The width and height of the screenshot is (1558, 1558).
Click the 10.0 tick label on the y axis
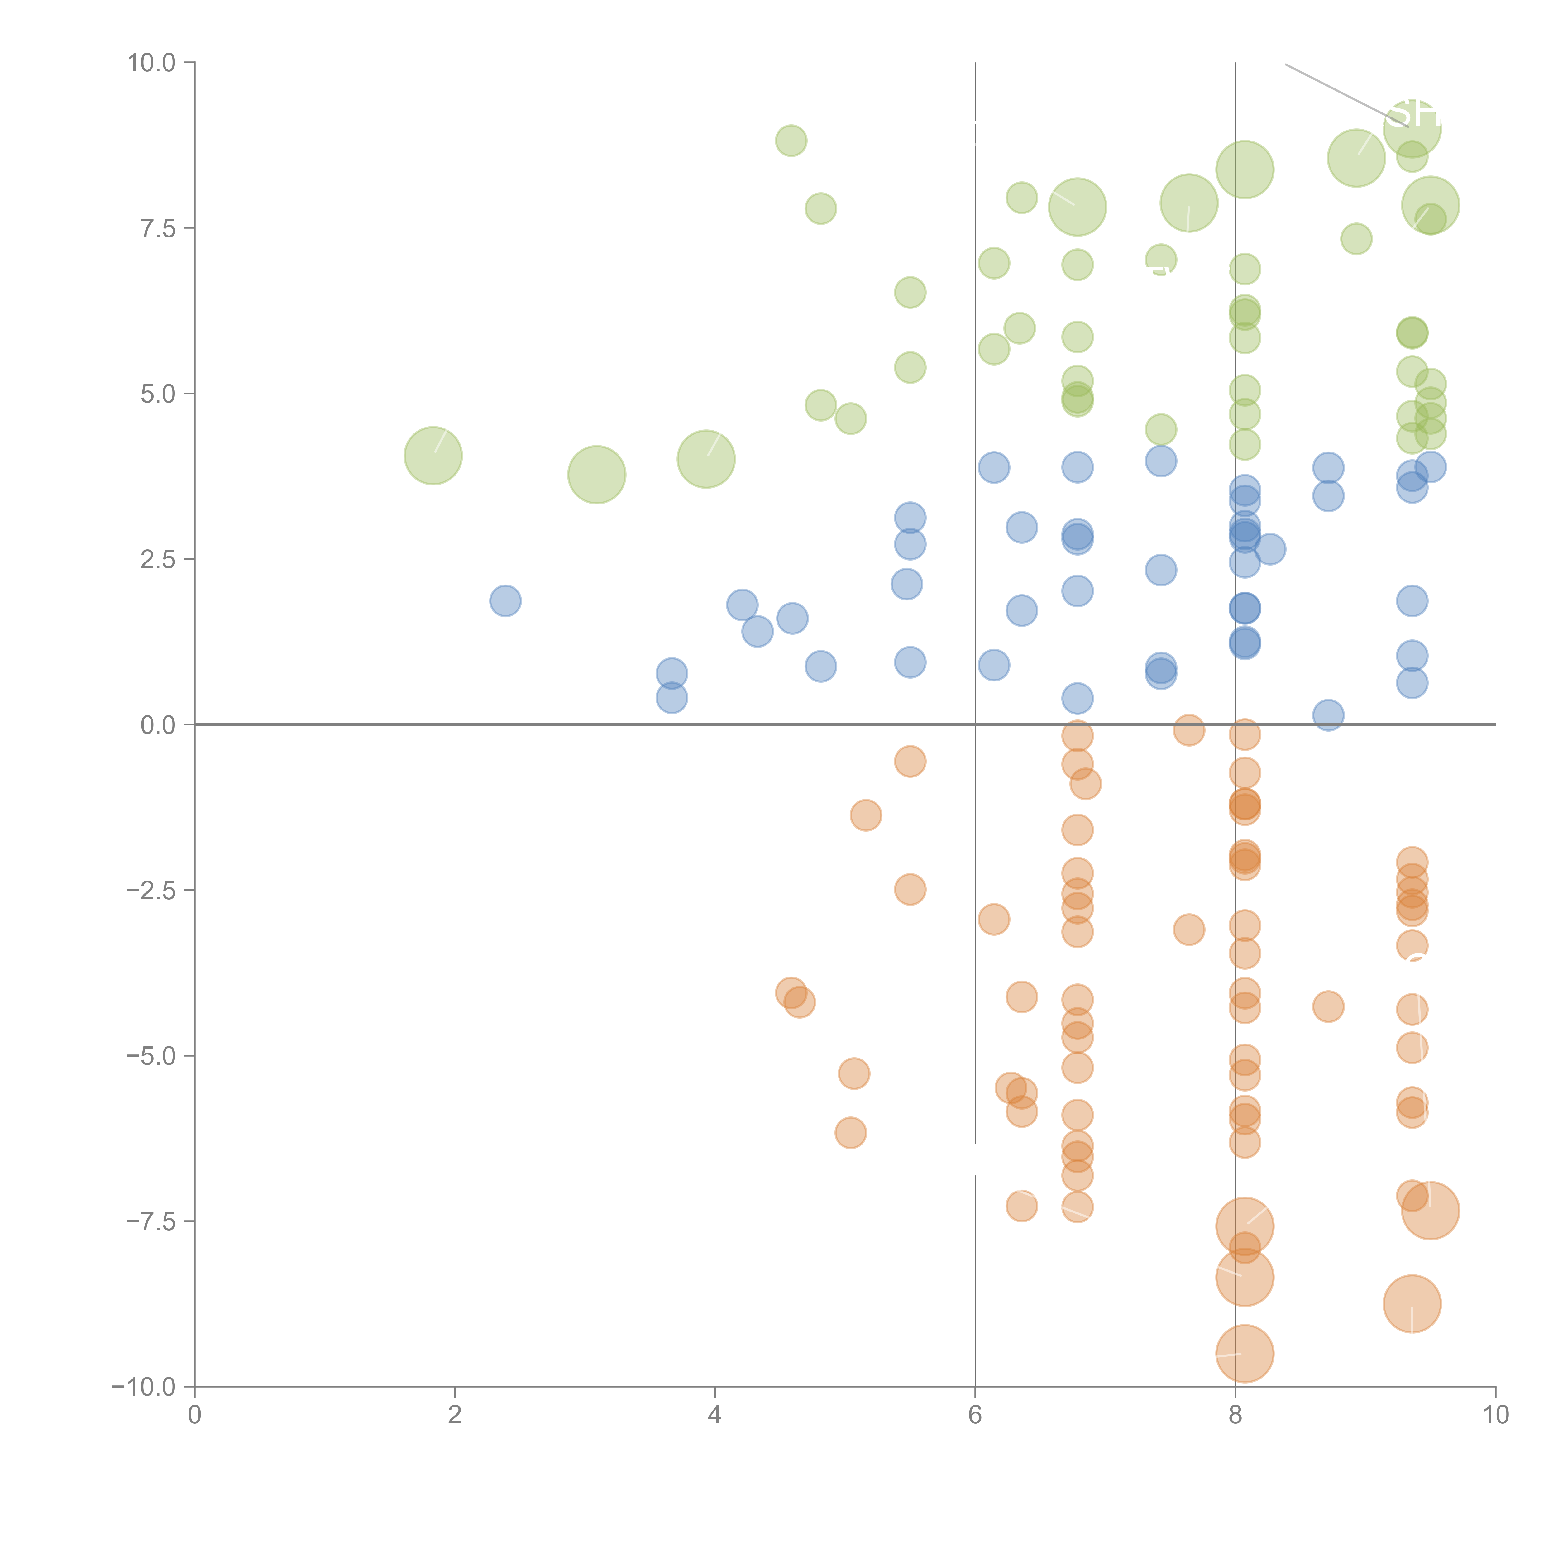point(152,63)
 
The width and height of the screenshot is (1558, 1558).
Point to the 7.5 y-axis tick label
point(158,228)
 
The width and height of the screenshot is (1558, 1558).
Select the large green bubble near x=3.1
point(597,474)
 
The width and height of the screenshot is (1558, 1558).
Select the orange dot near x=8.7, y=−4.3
point(1328,1006)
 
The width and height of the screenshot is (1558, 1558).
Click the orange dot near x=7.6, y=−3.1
point(1189,930)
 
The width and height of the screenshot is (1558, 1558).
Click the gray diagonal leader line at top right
point(1331,89)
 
